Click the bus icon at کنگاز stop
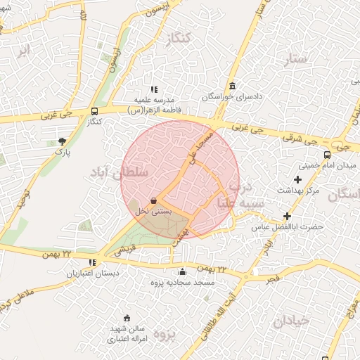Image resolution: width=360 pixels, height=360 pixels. (x=95, y=111)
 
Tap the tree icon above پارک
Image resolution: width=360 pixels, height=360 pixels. (x=63, y=141)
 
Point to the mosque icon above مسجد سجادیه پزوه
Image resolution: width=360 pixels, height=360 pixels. (x=183, y=272)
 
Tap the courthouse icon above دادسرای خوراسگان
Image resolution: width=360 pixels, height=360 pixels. (x=233, y=85)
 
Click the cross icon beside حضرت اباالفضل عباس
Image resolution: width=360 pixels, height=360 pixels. (x=286, y=216)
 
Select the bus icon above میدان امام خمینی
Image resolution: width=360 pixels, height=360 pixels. (x=326, y=155)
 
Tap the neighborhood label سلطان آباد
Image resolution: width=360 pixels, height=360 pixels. (x=120, y=172)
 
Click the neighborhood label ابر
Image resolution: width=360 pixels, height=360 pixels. (x=25, y=51)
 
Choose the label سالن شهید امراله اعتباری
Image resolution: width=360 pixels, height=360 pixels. (x=127, y=333)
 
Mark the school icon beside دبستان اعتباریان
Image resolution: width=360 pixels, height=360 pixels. (x=92, y=262)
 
